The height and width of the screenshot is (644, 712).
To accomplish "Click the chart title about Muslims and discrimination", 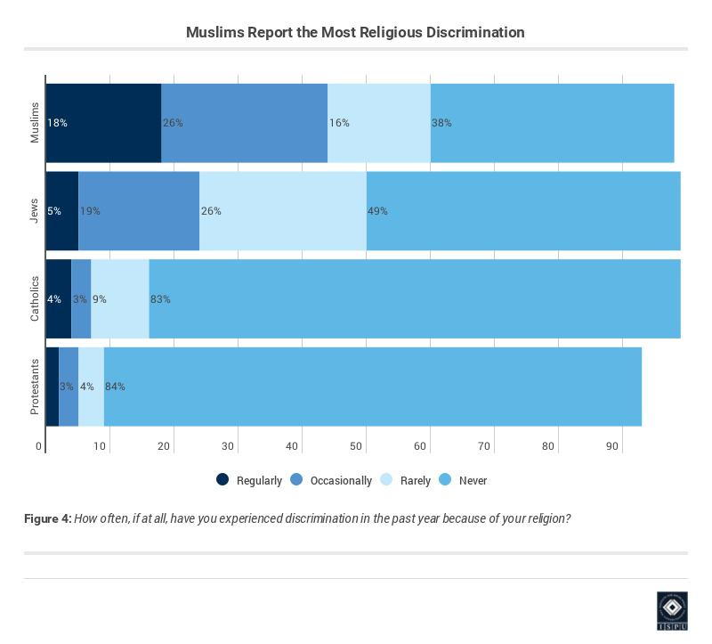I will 355,32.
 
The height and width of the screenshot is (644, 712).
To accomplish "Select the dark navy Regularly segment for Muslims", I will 103,123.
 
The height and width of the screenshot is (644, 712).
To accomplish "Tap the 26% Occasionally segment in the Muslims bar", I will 244,123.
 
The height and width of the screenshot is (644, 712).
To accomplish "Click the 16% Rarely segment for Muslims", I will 378,123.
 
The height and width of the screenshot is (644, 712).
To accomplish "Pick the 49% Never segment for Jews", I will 523,211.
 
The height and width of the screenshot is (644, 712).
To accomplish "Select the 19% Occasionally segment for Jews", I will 139,211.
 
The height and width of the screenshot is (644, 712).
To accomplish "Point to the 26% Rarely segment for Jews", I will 282,211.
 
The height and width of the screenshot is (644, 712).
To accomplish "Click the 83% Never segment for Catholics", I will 414,299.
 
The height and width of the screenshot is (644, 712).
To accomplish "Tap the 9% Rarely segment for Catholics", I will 119,299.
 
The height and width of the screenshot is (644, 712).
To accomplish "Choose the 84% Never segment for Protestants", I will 372,387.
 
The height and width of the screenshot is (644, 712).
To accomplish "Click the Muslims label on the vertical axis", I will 36,123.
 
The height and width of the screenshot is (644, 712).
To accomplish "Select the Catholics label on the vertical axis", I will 36,299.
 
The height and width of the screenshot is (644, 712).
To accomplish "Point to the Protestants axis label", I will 36,387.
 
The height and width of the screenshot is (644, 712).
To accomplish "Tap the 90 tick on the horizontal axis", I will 612,446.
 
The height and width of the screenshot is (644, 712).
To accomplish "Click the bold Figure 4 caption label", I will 47,518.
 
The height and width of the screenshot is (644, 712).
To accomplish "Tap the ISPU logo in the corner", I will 672,611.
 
